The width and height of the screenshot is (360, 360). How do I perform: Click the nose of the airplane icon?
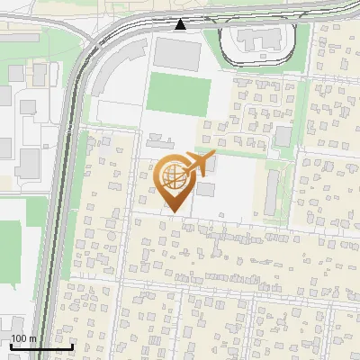coord(214,156)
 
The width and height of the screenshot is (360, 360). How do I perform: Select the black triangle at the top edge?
coord(181,24)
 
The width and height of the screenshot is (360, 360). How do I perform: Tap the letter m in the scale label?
coord(32,339)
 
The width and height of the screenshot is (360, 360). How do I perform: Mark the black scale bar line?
coord(40,346)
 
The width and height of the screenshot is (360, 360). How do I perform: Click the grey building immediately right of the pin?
coord(206,190)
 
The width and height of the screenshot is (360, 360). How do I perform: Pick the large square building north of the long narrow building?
coord(283,136)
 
